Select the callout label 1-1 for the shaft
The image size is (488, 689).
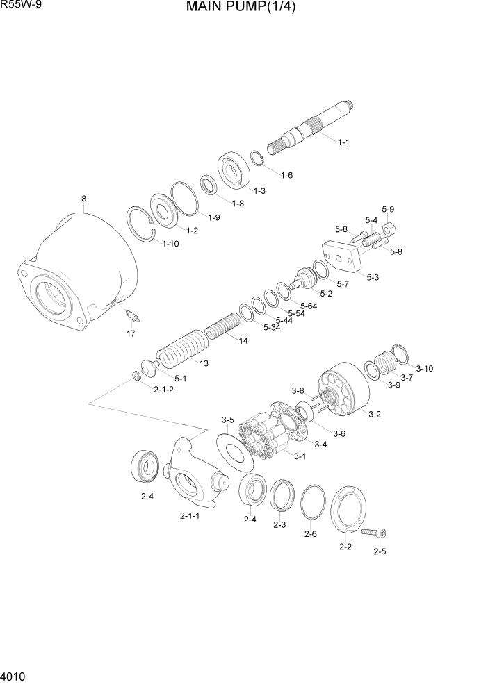click(x=343, y=142)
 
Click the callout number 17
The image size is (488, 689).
click(x=130, y=334)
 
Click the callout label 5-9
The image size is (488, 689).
click(x=388, y=209)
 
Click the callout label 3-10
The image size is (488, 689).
click(x=424, y=368)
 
